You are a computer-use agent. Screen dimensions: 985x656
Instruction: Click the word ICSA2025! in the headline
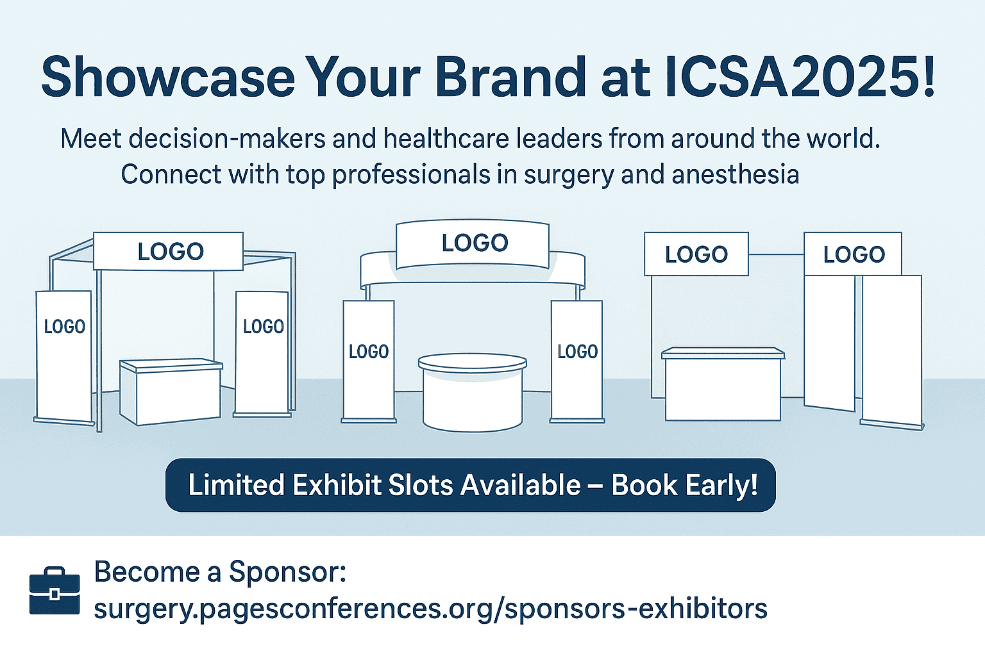800,76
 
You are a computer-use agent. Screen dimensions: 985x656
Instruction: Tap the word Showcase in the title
167,76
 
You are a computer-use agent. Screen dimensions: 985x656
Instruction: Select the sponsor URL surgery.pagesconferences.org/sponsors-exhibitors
430,609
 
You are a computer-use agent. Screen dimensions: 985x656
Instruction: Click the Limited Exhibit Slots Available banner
471,485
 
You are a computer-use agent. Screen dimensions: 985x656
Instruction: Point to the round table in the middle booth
472,392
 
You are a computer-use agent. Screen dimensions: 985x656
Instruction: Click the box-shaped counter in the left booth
171,391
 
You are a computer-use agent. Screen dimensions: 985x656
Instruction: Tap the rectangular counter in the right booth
723,384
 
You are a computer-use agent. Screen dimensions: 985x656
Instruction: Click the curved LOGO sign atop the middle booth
473,244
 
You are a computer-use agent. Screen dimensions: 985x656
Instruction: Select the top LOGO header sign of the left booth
168,251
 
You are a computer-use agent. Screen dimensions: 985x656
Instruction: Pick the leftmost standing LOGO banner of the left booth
64,357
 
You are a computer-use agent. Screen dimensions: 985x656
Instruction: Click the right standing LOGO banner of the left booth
262,353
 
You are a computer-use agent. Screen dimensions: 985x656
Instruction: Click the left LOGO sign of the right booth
696,254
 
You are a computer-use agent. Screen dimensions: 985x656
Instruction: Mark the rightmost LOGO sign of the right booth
853,254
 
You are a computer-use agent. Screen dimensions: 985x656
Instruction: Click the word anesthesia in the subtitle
736,174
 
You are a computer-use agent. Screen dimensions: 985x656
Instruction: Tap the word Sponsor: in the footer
287,571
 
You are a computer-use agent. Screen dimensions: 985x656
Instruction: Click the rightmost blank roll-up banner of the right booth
892,352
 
